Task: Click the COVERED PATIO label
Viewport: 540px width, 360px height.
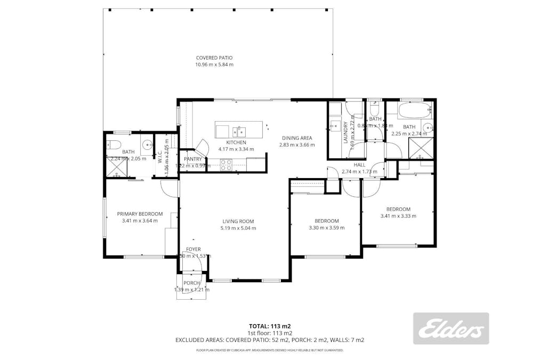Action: [214, 58]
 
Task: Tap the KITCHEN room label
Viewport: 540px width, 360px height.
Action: [236, 142]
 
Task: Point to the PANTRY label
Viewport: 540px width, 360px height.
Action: [192, 159]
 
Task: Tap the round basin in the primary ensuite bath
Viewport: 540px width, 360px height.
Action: [146, 144]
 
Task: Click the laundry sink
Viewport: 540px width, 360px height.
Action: [334, 126]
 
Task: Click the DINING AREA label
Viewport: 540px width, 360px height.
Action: [298, 138]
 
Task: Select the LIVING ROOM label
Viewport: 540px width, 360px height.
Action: [238, 221]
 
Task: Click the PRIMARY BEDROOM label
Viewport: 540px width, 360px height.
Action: [140, 214]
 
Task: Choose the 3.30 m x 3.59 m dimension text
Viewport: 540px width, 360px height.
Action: [326, 228]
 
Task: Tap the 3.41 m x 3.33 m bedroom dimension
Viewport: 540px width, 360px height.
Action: [398, 216]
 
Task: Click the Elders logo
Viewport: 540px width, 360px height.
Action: [450, 328]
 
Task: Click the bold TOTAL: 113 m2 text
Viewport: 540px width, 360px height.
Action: [270, 326]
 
